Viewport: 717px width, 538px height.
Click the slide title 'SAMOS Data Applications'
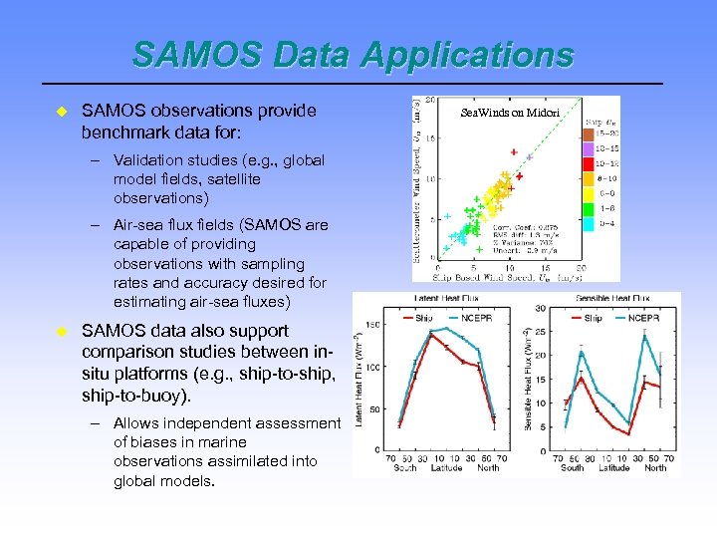pyautogui.click(x=354, y=56)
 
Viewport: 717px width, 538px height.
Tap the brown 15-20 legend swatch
pyautogui.click(x=589, y=133)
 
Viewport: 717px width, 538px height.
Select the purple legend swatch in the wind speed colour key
pyautogui.click(x=589, y=147)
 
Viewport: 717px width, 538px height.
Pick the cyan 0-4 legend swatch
pyautogui.click(x=589, y=224)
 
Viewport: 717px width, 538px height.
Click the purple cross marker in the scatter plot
pyautogui.click(x=530, y=157)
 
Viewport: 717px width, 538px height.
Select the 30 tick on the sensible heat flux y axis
pyautogui.click(x=540, y=307)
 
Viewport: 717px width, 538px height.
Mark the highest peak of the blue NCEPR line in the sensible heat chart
pyautogui.click(x=644, y=336)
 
